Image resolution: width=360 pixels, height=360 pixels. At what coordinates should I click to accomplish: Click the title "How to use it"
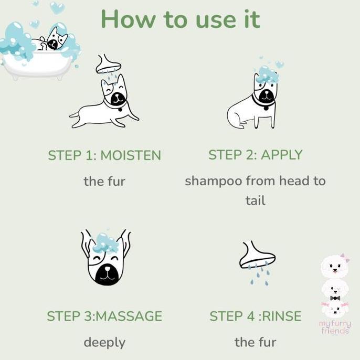point(180,19)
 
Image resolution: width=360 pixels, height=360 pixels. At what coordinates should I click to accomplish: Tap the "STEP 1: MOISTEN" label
point(104,156)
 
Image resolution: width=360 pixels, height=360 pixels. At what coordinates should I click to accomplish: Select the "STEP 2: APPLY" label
point(256,155)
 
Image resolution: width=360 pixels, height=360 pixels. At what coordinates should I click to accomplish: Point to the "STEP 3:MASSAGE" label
point(104,316)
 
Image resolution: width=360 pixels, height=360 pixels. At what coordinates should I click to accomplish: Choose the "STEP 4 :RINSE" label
point(256,316)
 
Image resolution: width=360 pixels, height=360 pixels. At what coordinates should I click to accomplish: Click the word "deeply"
point(104,343)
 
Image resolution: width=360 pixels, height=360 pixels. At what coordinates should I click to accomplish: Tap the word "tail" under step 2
point(256,200)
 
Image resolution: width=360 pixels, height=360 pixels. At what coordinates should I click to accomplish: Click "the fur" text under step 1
point(104,182)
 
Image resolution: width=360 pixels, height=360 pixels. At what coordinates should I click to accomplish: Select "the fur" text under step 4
point(256,343)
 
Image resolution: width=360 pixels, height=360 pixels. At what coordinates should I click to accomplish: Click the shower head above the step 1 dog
point(109,65)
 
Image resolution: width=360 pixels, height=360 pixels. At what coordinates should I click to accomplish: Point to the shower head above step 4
point(257,256)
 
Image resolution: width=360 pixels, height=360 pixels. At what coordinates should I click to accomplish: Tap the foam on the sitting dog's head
point(267,74)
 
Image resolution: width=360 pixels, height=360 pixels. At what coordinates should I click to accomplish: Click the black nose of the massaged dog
point(106,271)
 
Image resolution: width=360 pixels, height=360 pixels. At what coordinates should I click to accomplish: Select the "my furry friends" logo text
point(335,327)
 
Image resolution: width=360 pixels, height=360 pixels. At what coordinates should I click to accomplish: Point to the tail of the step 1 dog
point(75,113)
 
